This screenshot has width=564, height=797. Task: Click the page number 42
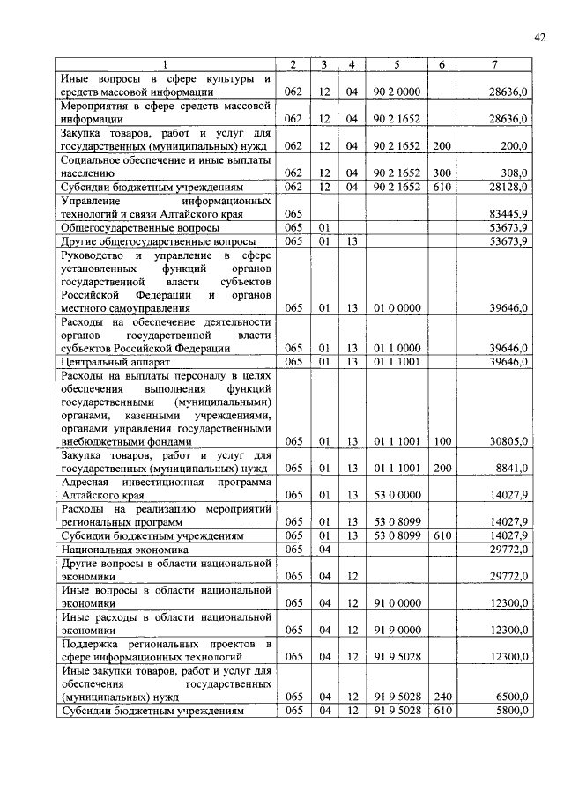[x=539, y=36]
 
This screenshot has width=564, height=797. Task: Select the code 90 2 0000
[x=397, y=91]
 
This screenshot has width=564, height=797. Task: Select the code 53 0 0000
[x=397, y=496]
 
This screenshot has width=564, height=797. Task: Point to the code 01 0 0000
[x=397, y=308]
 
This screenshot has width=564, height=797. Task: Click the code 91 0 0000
[x=397, y=602]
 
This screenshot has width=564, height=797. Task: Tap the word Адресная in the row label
[x=85, y=483]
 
